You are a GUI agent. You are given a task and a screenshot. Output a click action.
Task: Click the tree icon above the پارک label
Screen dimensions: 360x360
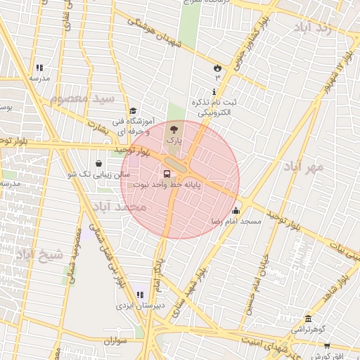pos(174,129)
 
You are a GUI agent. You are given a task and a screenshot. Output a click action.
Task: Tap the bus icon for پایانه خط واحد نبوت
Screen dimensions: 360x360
pos(167,174)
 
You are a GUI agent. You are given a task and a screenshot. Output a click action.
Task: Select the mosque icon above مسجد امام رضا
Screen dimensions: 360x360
pos(235,210)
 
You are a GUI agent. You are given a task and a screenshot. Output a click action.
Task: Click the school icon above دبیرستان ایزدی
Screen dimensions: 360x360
pos(140,295)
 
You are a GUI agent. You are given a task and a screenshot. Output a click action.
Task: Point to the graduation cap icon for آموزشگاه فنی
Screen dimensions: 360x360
pos(133,110)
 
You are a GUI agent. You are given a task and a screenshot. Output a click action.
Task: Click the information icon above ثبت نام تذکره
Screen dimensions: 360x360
pos(214,91)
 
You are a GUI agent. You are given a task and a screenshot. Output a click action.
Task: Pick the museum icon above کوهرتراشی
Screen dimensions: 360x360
pos(308,319)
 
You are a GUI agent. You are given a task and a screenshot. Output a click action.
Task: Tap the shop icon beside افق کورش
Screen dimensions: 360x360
pos(328,345)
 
